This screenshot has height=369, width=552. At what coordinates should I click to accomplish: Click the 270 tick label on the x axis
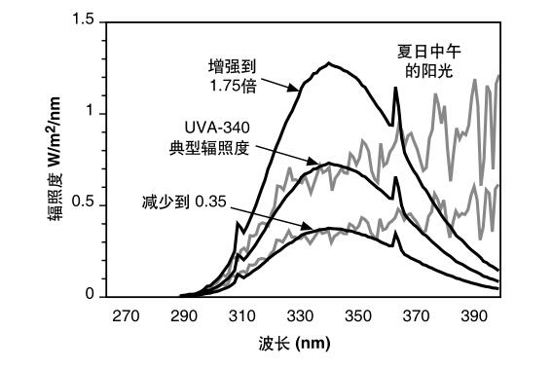pyautogui.click(x=125, y=316)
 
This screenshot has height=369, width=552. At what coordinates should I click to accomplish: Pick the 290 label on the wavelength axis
pyautogui.click(x=183, y=316)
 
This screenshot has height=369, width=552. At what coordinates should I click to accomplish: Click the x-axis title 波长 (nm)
pyautogui.click(x=299, y=345)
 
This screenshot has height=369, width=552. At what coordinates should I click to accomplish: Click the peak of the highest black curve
pyautogui.click(x=330, y=63)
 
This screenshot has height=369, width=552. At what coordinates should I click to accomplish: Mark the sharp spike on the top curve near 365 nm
pyautogui.click(x=394, y=89)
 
